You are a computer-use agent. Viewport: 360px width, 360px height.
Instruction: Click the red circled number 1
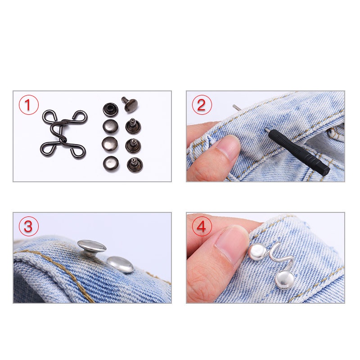point(28,105)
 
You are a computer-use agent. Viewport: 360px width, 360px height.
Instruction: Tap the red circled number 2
point(201,105)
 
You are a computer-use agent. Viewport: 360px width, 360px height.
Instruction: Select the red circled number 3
point(28,226)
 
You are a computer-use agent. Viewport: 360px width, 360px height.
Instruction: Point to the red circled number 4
point(201,226)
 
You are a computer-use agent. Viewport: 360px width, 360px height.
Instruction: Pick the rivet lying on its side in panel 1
point(130,103)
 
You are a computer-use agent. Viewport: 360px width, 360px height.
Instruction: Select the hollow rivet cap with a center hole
point(110,109)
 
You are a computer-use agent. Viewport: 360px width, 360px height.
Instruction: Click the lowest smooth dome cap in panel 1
point(111,164)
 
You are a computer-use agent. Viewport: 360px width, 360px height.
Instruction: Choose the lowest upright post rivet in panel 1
point(135,165)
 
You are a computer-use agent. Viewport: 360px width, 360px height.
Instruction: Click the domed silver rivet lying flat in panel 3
point(120,265)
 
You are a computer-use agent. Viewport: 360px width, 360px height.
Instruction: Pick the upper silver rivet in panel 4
point(257,252)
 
